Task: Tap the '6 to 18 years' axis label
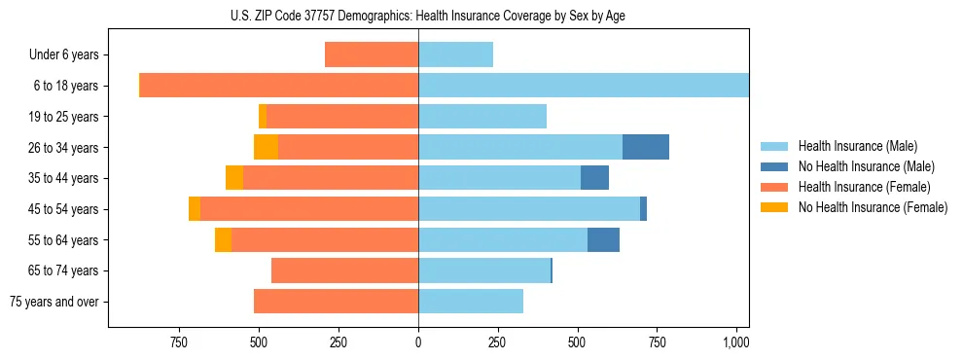pyautogui.click(x=65, y=86)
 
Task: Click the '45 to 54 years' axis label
pyautogui.click(x=63, y=209)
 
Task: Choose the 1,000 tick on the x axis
pyautogui.click(x=735, y=342)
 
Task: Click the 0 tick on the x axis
pyautogui.click(x=418, y=342)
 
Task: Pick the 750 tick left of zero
pyautogui.click(x=178, y=342)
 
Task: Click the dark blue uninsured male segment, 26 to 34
pyautogui.click(x=646, y=147)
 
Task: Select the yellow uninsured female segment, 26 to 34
pyautogui.click(x=266, y=147)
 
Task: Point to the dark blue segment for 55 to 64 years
pyautogui.click(x=603, y=239)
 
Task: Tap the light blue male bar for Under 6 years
pyautogui.click(x=455, y=54)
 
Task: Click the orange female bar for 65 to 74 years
pyautogui.click(x=344, y=270)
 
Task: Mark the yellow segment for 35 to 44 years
pyautogui.click(x=234, y=178)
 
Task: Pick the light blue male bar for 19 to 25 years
pyautogui.click(x=482, y=117)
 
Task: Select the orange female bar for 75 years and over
pyautogui.click(x=336, y=302)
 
